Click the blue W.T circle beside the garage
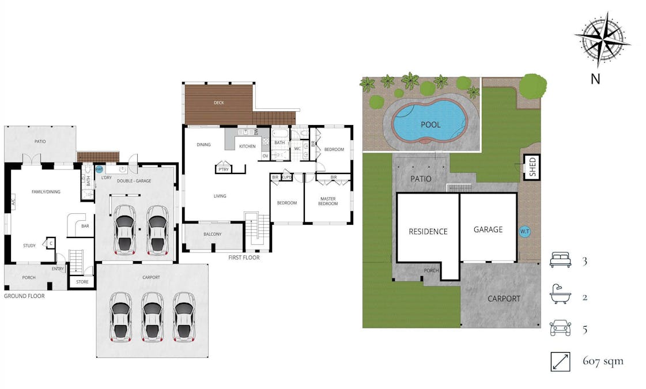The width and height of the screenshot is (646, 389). pyautogui.click(x=525, y=231)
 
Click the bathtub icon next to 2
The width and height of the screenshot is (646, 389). pyautogui.click(x=560, y=296)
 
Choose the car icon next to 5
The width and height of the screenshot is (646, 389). pyautogui.click(x=560, y=328)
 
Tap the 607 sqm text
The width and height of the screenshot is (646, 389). pyautogui.click(x=603, y=362)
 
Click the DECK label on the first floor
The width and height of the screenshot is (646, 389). pyautogui.click(x=218, y=103)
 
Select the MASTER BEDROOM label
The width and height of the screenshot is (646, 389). pyautogui.click(x=328, y=201)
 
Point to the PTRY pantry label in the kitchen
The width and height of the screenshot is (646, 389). pyautogui.click(x=222, y=169)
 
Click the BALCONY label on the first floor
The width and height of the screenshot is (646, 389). pyautogui.click(x=212, y=234)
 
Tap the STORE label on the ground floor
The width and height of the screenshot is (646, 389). pyautogui.click(x=82, y=282)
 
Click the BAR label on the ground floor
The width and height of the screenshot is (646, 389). pyautogui.click(x=85, y=226)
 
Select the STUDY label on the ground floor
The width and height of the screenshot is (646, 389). pyautogui.click(x=29, y=246)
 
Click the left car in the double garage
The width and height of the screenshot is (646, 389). pyautogui.click(x=124, y=229)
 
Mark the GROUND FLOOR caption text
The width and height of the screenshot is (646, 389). pyautogui.click(x=24, y=296)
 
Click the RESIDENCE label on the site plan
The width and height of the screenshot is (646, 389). pyautogui.click(x=428, y=232)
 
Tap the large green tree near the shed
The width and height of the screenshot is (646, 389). pyautogui.click(x=532, y=86)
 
